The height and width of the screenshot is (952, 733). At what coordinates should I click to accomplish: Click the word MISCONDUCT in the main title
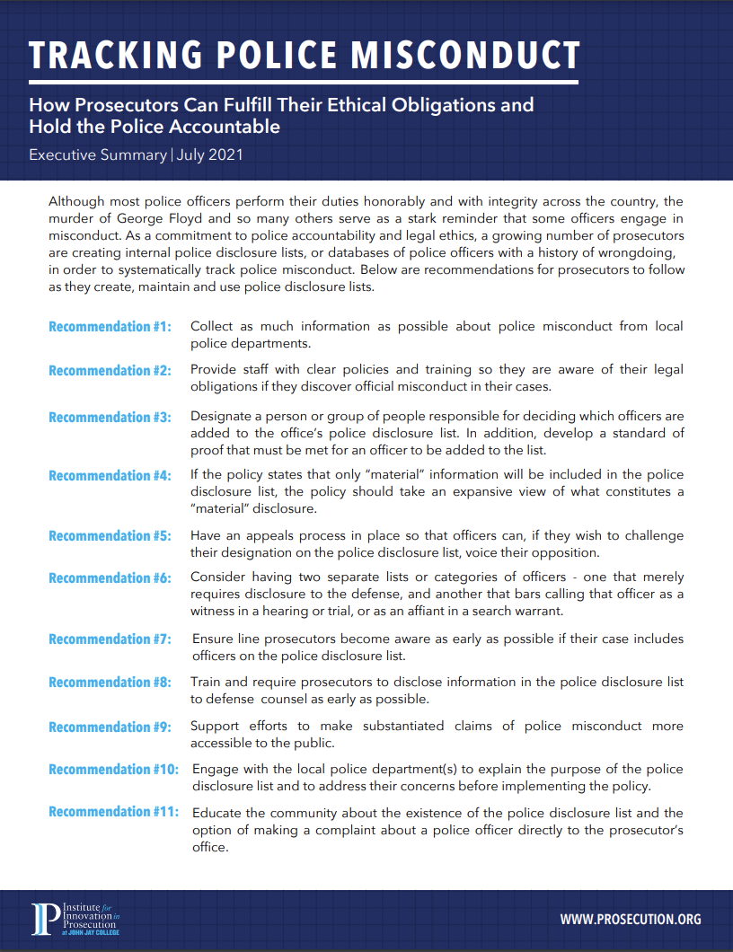[465, 56]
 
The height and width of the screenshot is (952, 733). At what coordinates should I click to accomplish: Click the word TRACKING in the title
[102, 56]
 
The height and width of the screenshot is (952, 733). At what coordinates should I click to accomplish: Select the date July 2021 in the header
[210, 154]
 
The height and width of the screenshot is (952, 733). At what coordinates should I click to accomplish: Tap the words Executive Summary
[98, 154]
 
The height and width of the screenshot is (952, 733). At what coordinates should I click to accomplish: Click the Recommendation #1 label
[110, 327]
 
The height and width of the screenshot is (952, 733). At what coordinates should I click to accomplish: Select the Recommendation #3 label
[110, 417]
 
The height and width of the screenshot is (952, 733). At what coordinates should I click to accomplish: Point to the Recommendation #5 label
[110, 536]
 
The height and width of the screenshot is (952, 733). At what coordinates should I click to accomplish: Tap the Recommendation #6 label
[110, 578]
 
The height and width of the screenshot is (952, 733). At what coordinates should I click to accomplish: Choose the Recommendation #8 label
[110, 683]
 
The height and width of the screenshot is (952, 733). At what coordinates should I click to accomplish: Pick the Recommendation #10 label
[113, 770]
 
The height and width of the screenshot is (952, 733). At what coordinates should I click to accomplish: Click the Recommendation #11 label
[113, 812]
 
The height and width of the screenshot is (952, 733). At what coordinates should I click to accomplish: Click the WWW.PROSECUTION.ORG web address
[631, 920]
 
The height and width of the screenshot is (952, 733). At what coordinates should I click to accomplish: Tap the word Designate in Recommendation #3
[222, 417]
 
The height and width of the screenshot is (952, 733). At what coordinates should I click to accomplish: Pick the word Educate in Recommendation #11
[216, 813]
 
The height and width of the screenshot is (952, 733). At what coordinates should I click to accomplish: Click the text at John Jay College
[90, 932]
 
